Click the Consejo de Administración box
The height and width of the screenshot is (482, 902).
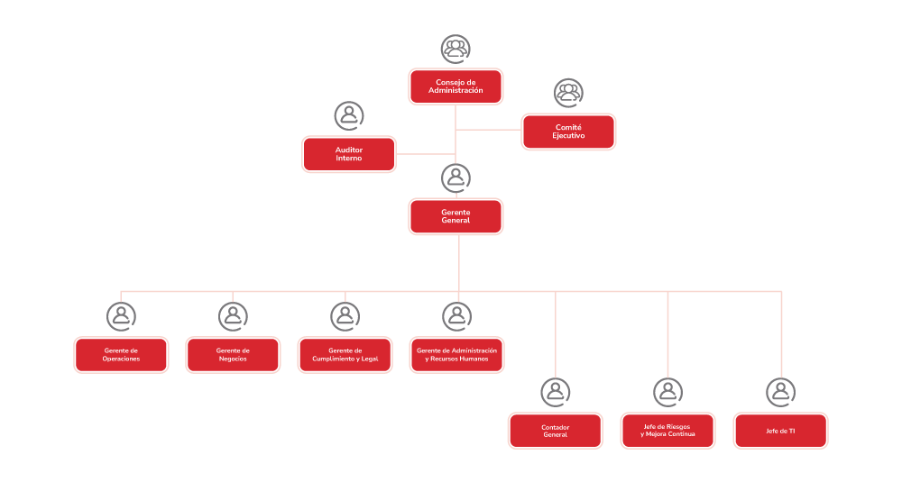tap(456, 86)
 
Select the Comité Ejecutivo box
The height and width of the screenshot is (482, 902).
tap(568, 132)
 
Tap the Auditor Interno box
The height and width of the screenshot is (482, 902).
tap(349, 154)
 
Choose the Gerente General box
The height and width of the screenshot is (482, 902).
tap(456, 216)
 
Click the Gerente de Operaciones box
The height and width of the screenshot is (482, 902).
tap(121, 354)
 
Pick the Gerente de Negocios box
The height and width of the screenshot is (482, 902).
tap(233, 354)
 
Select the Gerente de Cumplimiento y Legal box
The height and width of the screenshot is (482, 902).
tap(345, 354)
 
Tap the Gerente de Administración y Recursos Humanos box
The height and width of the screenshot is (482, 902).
tap(456, 354)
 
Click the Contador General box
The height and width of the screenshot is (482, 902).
tap(555, 431)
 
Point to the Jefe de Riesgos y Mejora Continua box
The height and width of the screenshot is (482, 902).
tap(667, 431)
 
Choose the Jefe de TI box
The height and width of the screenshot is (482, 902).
tap(780, 431)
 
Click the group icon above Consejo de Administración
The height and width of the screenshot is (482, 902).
tap(456, 49)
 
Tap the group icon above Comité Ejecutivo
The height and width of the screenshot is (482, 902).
tap(568, 93)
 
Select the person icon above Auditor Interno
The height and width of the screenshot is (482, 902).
tap(349, 115)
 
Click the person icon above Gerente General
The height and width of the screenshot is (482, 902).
tap(456, 177)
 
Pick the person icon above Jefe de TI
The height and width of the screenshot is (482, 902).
tap(780, 392)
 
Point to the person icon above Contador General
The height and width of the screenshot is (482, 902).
tap(555, 392)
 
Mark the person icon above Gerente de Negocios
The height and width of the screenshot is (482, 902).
tap(233, 316)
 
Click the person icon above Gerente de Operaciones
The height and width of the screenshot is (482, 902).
tap(121, 316)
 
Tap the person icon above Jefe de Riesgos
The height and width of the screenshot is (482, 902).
tap(667, 392)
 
